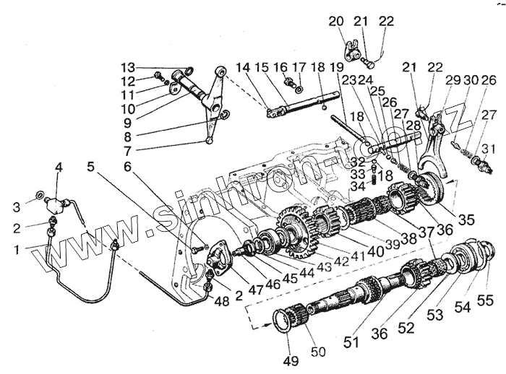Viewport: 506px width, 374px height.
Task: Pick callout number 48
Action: point(219,300)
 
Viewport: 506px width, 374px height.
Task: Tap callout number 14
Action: point(243,67)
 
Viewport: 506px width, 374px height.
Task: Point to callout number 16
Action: point(281,67)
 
